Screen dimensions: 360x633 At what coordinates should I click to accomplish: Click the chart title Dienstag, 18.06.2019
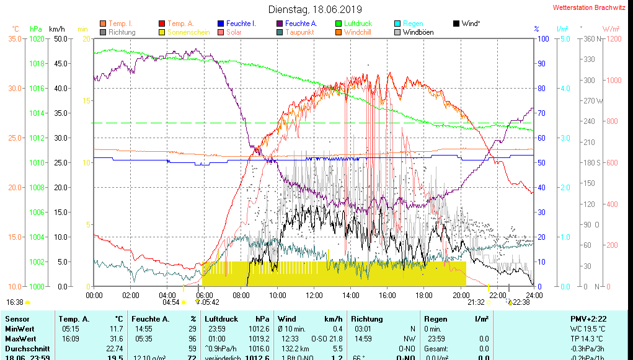click(314, 9)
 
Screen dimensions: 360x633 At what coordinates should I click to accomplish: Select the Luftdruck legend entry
click(358, 24)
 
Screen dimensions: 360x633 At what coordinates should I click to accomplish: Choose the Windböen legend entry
click(418, 32)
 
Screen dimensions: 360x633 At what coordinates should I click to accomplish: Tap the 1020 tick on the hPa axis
click(37, 38)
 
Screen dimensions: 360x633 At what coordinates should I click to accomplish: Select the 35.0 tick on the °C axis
click(15, 38)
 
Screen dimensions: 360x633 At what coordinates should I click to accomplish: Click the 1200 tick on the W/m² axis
click(612, 38)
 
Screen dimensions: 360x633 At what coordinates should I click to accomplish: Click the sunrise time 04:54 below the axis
click(170, 302)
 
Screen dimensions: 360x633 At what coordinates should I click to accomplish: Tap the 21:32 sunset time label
click(476, 302)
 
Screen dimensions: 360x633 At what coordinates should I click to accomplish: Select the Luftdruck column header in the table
click(221, 318)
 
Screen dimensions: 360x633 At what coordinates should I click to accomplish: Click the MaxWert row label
click(20, 338)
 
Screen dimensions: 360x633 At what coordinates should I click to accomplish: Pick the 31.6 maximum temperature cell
click(116, 338)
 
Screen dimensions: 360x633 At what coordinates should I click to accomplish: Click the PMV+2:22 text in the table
click(589, 318)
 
